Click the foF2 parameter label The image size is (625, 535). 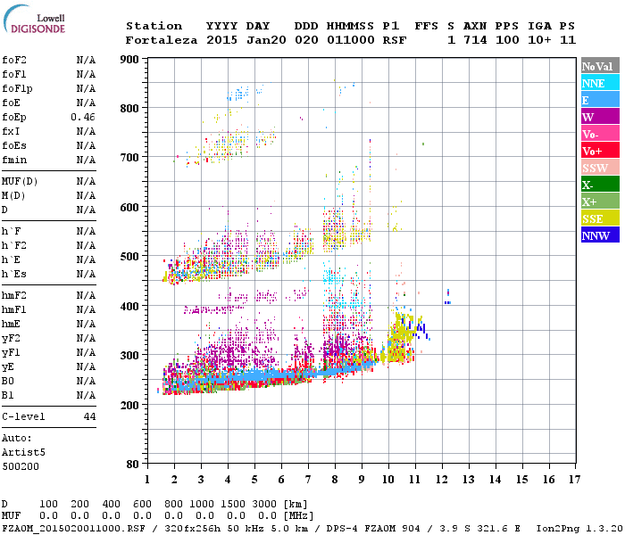pos(13,60)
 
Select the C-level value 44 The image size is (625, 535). pos(89,416)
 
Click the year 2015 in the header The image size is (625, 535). pos(221,40)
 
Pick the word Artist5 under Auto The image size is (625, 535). pos(20,452)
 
